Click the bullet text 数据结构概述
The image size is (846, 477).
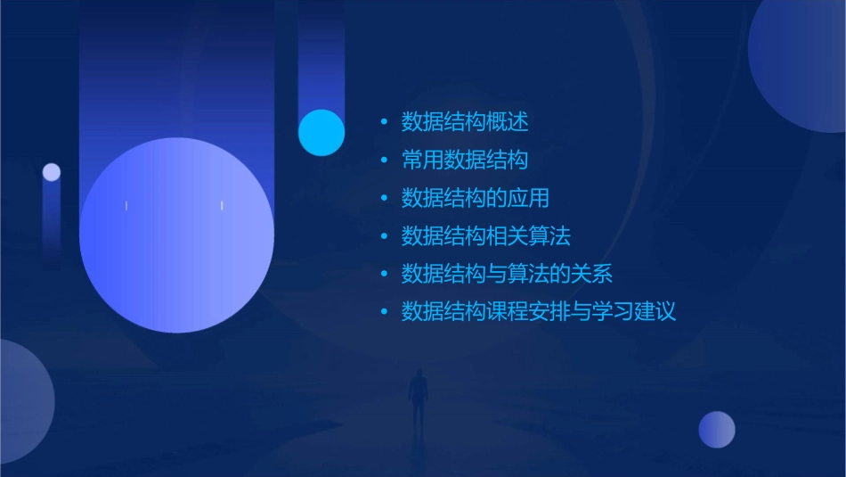tap(465, 122)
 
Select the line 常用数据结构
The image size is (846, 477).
tap(465, 160)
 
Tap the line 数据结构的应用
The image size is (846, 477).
tap(476, 198)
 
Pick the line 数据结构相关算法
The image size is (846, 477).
tap(485, 236)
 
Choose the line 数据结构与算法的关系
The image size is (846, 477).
tap(507, 274)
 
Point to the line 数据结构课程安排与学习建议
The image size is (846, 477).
tap(539, 312)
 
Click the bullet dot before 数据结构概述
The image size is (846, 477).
tap(384, 122)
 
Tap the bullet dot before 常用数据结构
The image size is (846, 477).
tap(384, 160)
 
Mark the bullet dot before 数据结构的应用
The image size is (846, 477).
tap(384, 198)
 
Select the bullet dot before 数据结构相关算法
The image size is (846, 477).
tap(384, 236)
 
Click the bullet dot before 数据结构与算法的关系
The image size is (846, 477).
tap(384, 274)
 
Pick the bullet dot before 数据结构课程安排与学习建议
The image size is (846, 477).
tap(384, 312)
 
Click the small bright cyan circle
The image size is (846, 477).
tap(321, 133)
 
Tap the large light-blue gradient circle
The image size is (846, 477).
tap(176, 235)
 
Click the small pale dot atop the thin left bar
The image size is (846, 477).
tap(52, 172)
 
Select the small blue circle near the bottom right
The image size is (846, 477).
tap(717, 430)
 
